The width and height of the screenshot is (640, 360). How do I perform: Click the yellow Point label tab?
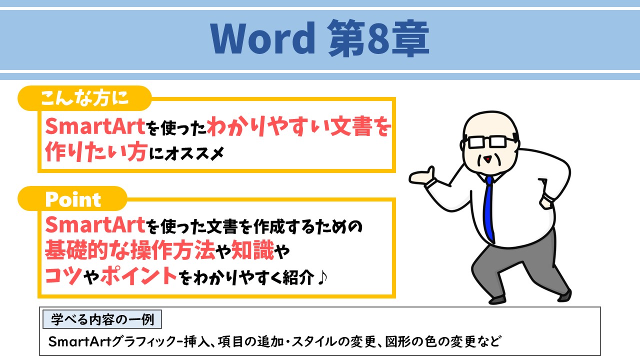(73, 199)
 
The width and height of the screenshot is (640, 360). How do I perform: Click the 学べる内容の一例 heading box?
(102, 318)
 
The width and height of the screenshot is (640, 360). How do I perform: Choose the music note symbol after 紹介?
(323, 276)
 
